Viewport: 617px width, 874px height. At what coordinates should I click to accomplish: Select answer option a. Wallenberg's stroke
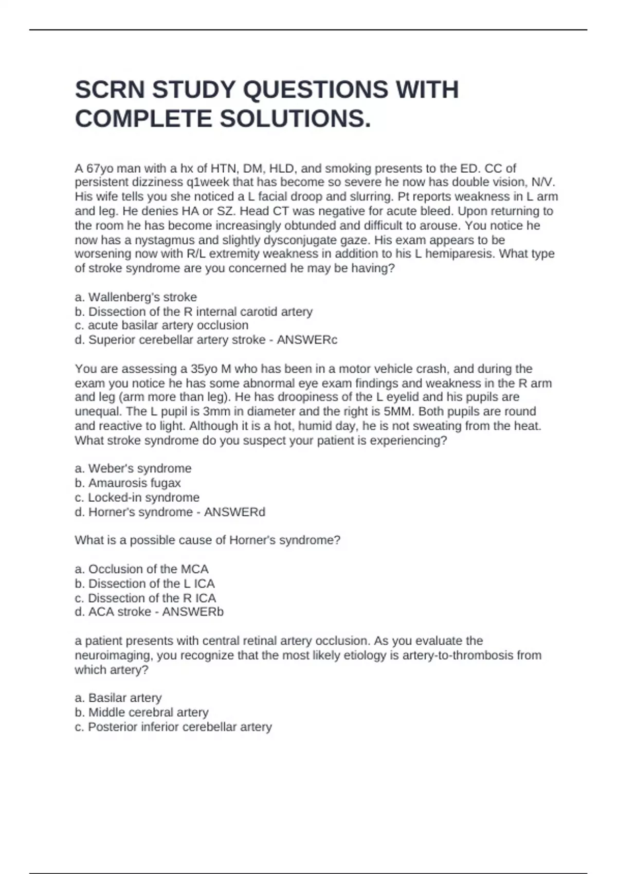click(x=136, y=297)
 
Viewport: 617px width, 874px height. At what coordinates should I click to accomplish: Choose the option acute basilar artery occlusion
click(x=161, y=325)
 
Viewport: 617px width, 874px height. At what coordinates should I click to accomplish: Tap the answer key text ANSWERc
click(x=307, y=340)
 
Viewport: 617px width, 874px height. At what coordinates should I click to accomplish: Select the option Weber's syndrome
click(x=133, y=468)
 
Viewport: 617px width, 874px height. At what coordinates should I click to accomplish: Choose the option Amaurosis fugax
click(x=128, y=483)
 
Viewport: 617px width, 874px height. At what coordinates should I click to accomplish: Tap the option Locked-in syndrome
click(x=137, y=497)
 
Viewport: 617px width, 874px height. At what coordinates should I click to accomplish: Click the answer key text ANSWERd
click(x=234, y=512)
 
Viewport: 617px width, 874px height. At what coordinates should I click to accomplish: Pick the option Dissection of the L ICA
click(x=144, y=584)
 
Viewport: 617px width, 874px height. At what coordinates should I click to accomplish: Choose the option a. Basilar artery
click(x=118, y=698)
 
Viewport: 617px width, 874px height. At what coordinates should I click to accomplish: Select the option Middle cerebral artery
click(x=141, y=712)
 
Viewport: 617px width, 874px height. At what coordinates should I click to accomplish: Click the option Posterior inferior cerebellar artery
click(x=173, y=727)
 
